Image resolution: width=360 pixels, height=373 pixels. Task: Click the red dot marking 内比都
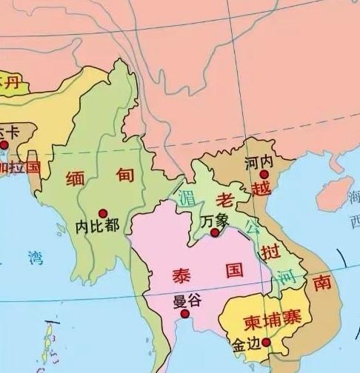[x=104, y=213]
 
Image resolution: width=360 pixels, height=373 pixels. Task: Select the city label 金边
[x=245, y=345]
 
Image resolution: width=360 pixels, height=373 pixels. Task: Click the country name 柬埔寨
[x=271, y=322]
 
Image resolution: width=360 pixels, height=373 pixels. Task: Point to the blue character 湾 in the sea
[x=35, y=258]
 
